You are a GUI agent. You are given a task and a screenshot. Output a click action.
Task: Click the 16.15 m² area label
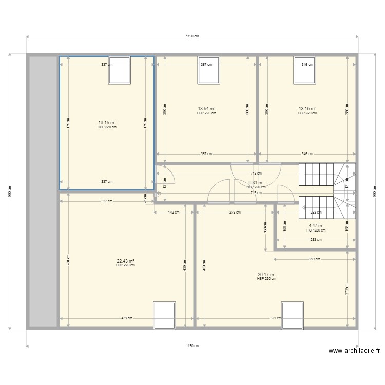(x=107, y=123)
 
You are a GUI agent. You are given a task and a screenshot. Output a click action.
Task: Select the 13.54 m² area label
(x=206, y=109)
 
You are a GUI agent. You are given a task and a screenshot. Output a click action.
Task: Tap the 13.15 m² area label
(x=307, y=109)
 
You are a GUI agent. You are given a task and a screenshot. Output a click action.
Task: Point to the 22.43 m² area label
(x=125, y=261)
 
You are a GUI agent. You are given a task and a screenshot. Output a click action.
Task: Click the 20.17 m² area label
(x=266, y=274)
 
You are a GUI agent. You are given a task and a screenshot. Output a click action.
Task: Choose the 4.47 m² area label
(x=316, y=225)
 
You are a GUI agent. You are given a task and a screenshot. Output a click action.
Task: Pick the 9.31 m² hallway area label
(x=256, y=182)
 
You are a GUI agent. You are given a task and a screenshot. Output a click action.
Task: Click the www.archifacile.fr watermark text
(x=354, y=351)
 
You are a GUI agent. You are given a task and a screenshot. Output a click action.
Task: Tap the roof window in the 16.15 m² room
(x=119, y=70)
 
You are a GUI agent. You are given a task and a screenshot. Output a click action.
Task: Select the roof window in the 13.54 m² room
(x=209, y=70)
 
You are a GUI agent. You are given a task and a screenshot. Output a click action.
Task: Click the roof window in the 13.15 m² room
(x=304, y=70)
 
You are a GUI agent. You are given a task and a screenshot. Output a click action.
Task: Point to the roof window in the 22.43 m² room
(x=165, y=315)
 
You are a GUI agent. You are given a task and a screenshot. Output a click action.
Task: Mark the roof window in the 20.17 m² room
(x=292, y=315)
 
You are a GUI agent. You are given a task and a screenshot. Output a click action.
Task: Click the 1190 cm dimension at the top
(x=192, y=36)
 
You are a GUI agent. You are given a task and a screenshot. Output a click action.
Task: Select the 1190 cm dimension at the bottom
(x=192, y=346)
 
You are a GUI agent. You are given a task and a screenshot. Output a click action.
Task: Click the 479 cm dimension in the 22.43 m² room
(x=125, y=318)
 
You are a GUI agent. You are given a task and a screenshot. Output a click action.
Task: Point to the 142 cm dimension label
(x=174, y=212)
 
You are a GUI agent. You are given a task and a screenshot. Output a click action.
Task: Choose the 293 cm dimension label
(x=315, y=259)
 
